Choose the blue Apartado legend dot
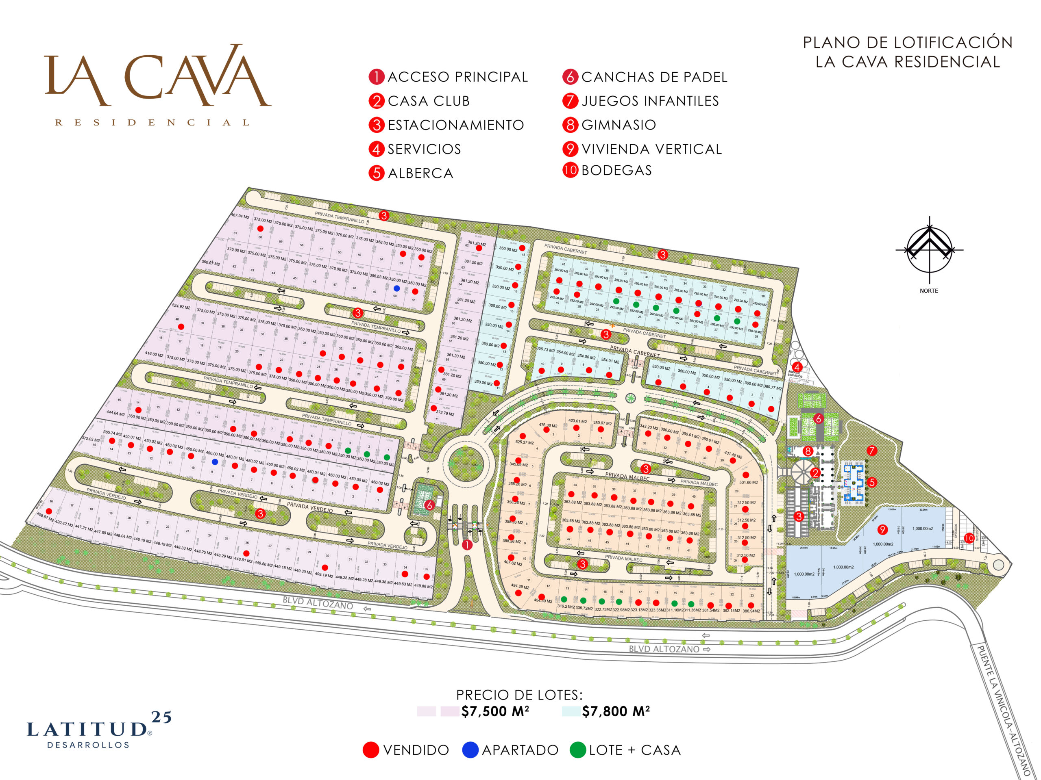coord(470,750)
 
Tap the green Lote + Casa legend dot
coord(577,750)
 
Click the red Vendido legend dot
coord(371,750)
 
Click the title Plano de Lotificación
coord(907,52)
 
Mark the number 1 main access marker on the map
coord(467,545)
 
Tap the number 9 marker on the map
coord(882,530)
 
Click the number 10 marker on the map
coord(969,538)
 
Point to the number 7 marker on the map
coord(871,451)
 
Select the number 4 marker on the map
coord(797,367)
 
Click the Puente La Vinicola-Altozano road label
coord(1004,717)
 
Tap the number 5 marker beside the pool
coord(871,482)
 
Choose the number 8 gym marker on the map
coord(808,451)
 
